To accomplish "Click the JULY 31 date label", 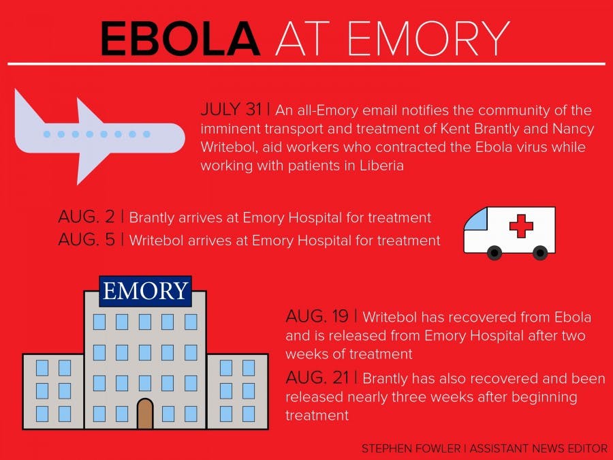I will (231, 110).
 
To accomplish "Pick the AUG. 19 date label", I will (317, 316).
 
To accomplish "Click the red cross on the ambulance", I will (521, 226).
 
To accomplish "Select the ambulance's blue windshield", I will (476, 220).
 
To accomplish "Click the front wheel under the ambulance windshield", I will (495, 253).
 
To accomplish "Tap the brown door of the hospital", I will (145, 414).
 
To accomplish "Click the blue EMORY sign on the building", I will (145, 291).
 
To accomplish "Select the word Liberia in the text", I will (381, 165).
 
